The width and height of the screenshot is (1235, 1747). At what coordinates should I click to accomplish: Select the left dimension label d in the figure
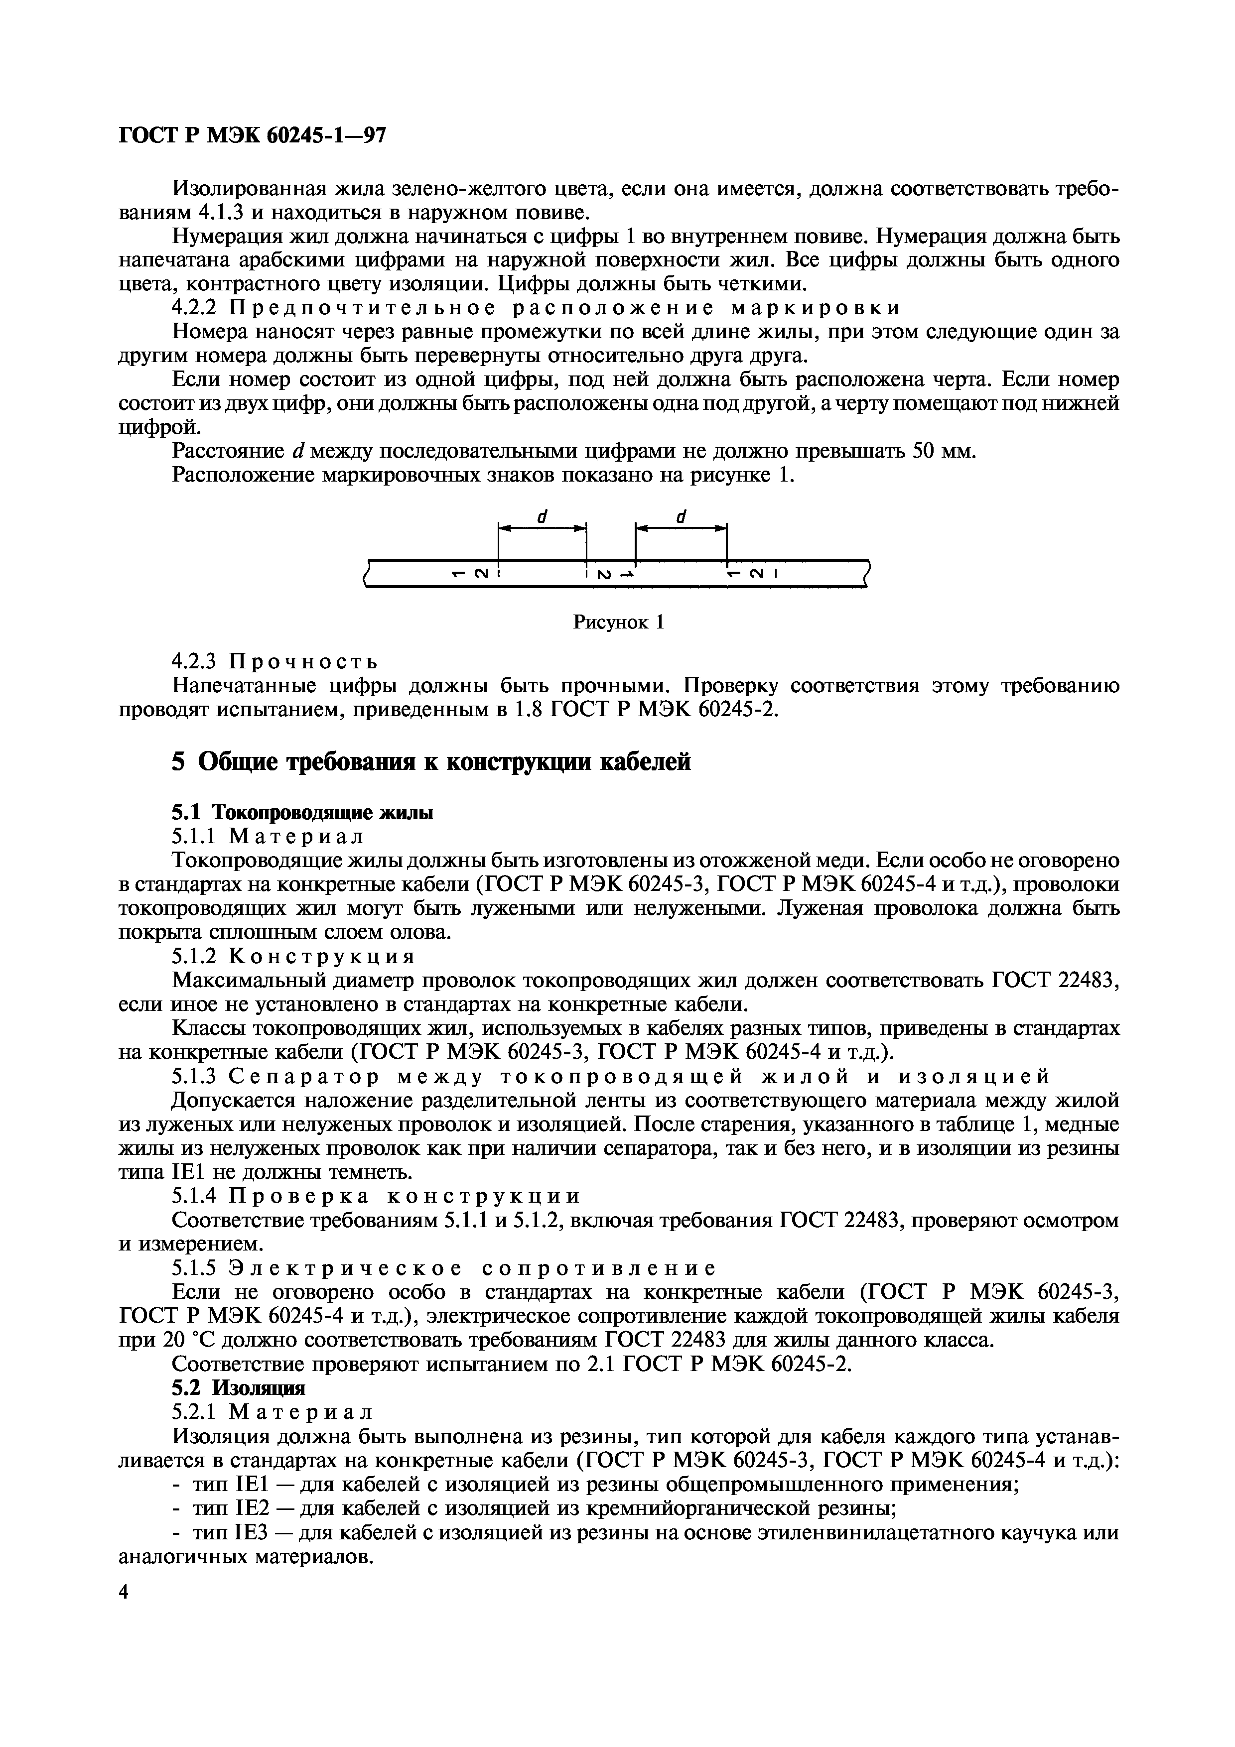coord(542,516)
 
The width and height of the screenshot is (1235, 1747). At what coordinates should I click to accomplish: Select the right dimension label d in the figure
coord(681,516)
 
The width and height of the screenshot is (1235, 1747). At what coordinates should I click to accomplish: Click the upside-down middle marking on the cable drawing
coord(609,574)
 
